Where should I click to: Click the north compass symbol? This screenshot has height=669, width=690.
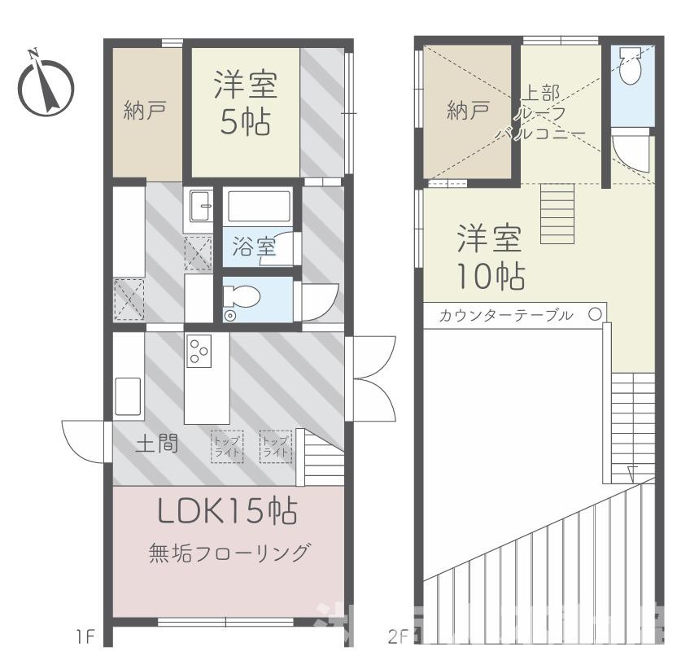[x=45, y=85]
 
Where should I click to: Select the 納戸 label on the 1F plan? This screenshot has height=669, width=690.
[x=146, y=109]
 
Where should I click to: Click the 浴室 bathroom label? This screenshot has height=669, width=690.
[x=254, y=246]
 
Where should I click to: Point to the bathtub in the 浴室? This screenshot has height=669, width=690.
[x=256, y=207]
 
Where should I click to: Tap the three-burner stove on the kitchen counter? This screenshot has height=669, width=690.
[x=199, y=351]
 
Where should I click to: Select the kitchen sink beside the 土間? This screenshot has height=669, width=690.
[x=129, y=396]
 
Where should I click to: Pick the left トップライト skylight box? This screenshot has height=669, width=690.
[x=227, y=446]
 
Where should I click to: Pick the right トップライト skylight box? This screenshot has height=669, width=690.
[x=275, y=446]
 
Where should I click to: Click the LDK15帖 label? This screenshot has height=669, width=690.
[x=227, y=512]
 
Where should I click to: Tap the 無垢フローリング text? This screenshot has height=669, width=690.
[x=229, y=553]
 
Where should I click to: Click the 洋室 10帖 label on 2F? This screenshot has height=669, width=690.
[x=489, y=256]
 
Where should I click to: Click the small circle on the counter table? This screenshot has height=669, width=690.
[x=595, y=313]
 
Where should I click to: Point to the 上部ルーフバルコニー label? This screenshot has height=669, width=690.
[x=540, y=111]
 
